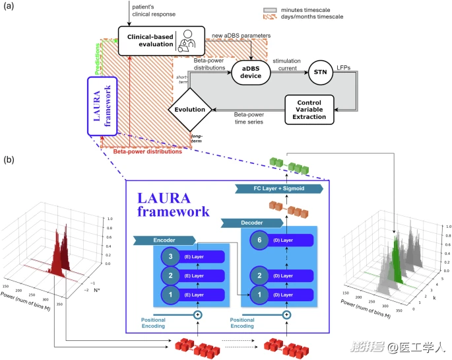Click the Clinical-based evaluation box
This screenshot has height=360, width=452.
click(x=157, y=40)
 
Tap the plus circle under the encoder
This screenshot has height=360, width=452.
click(x=197, y=314)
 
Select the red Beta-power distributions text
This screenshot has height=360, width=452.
click(x=147, y=151)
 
